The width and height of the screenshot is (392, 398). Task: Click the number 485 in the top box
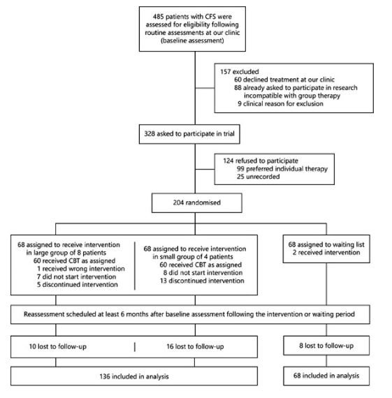pos(158,17)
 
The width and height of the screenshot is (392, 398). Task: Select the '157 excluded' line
pos(239,72)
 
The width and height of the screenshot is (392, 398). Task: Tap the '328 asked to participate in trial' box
pos(189,134)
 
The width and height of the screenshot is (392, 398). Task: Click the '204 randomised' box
pos(196,202)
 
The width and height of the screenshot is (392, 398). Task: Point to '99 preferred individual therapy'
pos(282,169)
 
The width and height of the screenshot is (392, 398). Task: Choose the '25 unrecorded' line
pos(258,177)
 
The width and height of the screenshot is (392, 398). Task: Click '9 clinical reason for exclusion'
pos(280,103)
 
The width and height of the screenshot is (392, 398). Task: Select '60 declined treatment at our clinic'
pos(284,80)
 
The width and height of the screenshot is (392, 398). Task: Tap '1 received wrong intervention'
pos(81,269)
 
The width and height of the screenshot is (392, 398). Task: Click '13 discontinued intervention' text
pos(202,281)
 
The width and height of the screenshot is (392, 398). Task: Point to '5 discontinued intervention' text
pos(78,285)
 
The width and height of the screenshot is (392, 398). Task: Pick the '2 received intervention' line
pos(326,253)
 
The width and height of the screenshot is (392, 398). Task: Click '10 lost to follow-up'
pos(58,346)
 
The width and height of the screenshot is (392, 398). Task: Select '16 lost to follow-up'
pos(195,346)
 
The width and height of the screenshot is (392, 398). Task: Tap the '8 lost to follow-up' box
pos(326,346)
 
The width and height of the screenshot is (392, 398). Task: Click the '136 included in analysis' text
pos(134,376)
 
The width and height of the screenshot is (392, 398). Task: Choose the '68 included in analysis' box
pos(326,376)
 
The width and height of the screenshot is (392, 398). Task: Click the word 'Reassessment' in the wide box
pos(44,314)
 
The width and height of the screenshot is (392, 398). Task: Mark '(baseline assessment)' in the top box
pos(192,40)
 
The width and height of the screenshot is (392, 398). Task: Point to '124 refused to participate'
pos(261,161)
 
